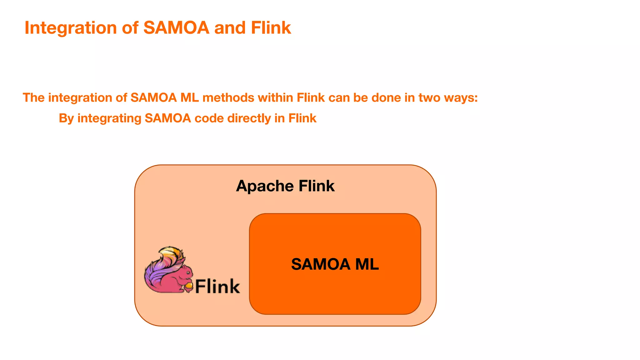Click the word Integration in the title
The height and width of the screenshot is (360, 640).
point(71,28)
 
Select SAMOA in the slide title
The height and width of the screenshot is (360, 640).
point(176,27)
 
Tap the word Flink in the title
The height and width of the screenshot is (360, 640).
point(271,27)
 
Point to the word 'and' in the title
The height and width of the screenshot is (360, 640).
point(230,27)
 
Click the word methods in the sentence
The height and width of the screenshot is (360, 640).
point(228,98)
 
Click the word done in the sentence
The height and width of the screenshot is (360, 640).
point(386,98)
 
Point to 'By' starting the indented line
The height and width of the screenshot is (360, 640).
point(66,119)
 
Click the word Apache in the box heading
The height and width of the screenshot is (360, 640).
point(265,186)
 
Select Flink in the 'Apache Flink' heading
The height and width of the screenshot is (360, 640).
point(316,186)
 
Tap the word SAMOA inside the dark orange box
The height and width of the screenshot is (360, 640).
point(321,264)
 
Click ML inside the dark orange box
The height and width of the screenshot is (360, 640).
point(367,264)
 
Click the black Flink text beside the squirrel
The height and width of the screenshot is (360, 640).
point(217,286)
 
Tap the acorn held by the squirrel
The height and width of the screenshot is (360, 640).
point(188,287)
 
